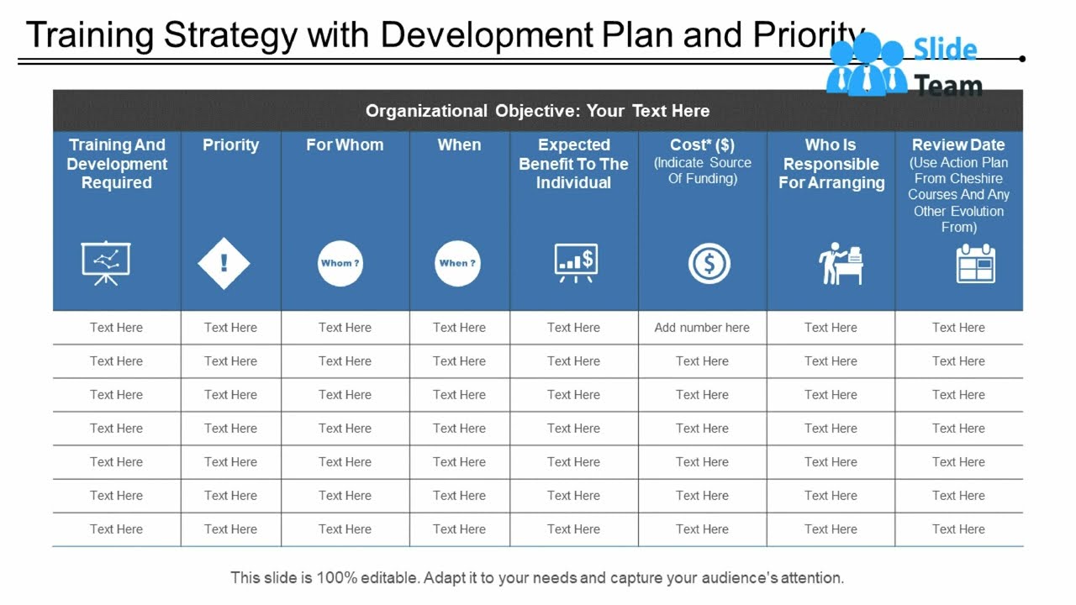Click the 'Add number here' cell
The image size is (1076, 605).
pos(702,328)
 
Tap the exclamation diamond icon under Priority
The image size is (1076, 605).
pos(224,263)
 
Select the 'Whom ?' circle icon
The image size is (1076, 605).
pos(340,263)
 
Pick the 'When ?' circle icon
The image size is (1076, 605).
pos(458,263)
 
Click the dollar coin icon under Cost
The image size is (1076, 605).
pos(709,264)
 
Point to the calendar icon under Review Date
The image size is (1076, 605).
pos(976,264)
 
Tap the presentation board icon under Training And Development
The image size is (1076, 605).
pos(106,262)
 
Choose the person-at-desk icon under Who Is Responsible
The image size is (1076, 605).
pos(841,264)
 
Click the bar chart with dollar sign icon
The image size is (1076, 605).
pos(577,263)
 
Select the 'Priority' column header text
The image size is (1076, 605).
pos(230,145)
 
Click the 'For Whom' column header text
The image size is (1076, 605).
pos(345,145)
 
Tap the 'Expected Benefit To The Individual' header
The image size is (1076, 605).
pos(574,164)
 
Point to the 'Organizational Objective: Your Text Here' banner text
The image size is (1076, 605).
pos(537,111)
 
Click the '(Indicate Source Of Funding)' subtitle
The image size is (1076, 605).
pos(703,171)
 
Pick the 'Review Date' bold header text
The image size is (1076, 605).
pos(958,145)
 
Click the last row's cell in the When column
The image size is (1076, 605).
pos(459,529)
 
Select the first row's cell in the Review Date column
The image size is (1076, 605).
pos(958,328)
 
